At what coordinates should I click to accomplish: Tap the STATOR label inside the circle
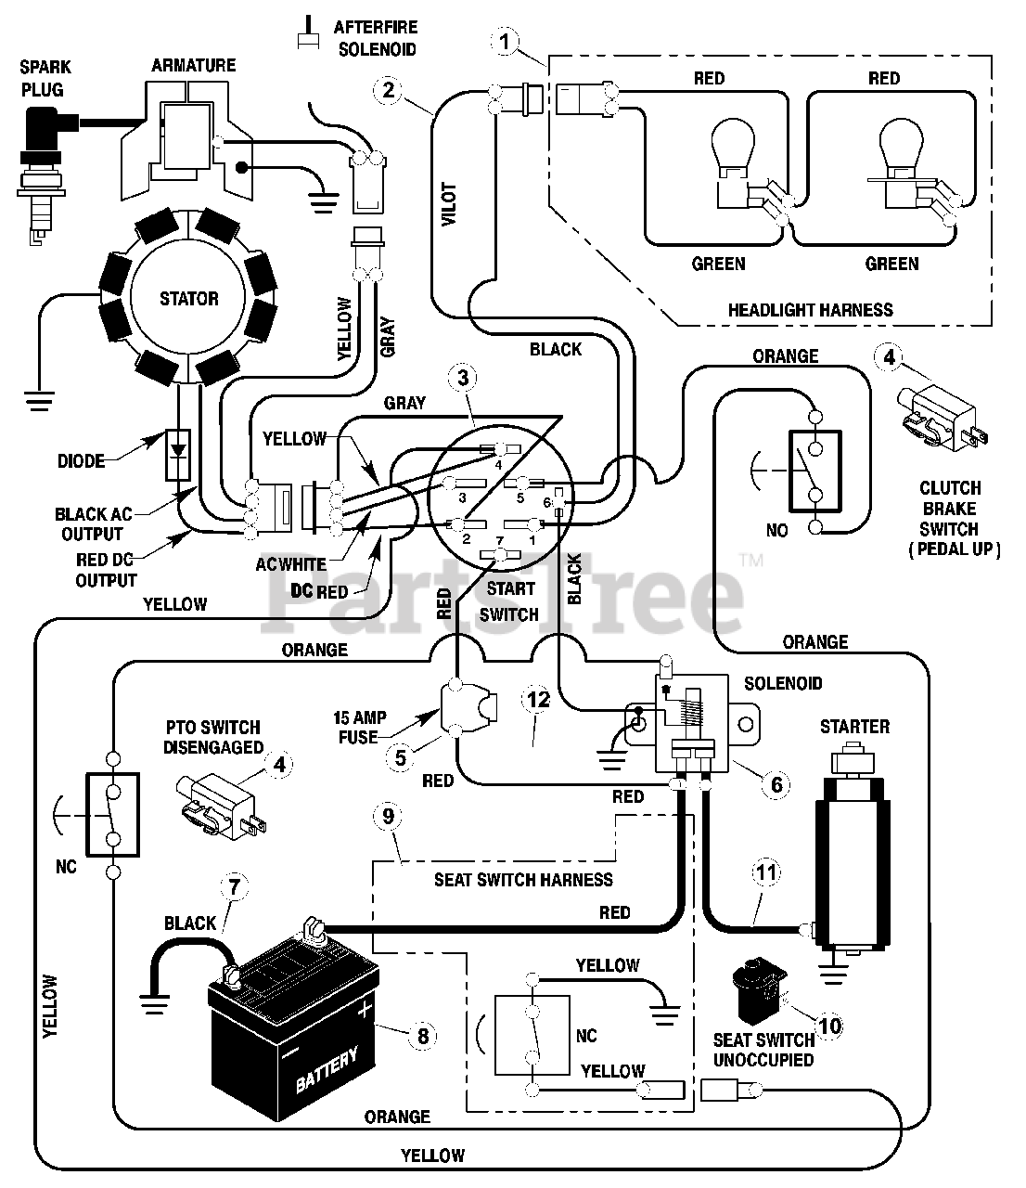(x=189, y=299)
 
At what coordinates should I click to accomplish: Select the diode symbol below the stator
(x=178, y=455)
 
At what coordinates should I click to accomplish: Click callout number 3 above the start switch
(x=463, y=378)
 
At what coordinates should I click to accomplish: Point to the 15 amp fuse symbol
(x=467, y=708)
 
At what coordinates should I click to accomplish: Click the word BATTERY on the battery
(x=327, y=1068)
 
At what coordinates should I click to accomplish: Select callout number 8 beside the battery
(x=423, y=1036)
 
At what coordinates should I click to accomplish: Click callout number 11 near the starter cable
(x=766, y=872)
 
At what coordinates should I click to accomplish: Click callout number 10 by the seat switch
(x=829, y=1026)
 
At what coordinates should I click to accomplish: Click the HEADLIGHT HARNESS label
(x=811, y=310)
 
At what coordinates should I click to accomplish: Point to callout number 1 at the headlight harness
(x=505, y=42)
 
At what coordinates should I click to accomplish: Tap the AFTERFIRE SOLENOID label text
(x=376, y=38)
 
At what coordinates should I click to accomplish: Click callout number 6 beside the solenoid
(x=776, y=784)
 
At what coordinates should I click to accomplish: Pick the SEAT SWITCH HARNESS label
(x=523, y=879)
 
